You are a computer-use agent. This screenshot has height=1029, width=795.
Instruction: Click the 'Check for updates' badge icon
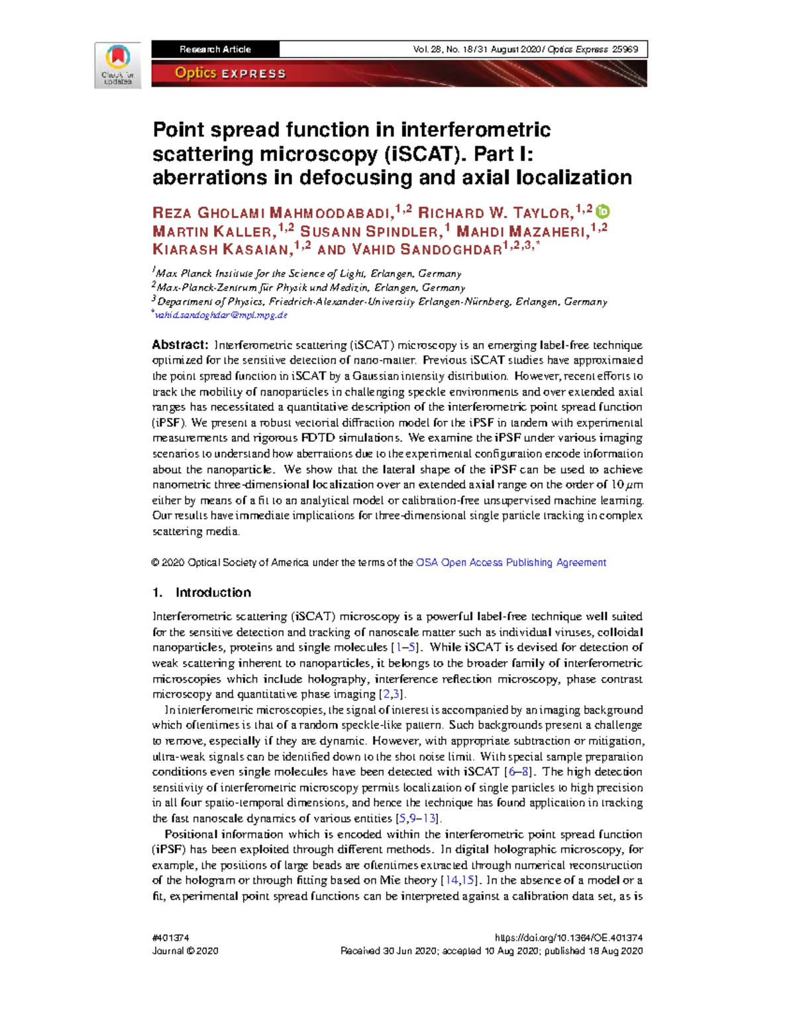117,64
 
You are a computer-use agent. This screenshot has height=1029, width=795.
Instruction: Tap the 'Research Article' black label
215,49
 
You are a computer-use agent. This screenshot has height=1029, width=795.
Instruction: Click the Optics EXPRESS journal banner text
230,74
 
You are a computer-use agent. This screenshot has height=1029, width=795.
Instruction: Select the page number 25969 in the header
625,49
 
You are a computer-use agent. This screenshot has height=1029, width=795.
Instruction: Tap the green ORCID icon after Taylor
602,212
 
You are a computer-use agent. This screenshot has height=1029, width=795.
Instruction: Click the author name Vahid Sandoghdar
426,250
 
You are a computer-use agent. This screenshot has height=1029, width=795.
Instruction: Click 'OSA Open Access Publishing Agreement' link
511,563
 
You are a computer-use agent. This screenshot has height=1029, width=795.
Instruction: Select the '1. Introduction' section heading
201,592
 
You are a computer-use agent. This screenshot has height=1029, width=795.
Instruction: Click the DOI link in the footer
568,938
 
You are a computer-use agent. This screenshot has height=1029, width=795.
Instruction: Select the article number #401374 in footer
171,938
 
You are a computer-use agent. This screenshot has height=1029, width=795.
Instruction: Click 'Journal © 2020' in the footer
185,951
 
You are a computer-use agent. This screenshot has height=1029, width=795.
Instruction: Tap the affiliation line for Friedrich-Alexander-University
382,301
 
